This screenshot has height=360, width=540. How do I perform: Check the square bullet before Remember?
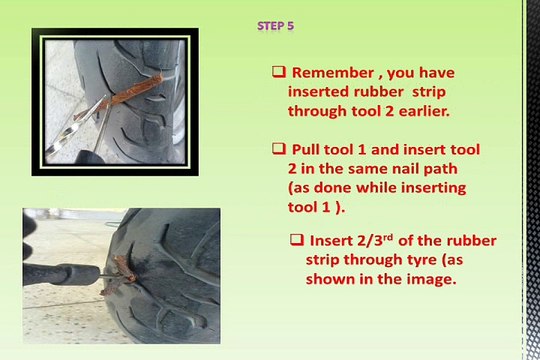pos(279,73)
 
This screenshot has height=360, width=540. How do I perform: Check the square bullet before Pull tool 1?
pos(279,148)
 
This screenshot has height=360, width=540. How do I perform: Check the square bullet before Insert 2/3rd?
pos(297,242)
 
